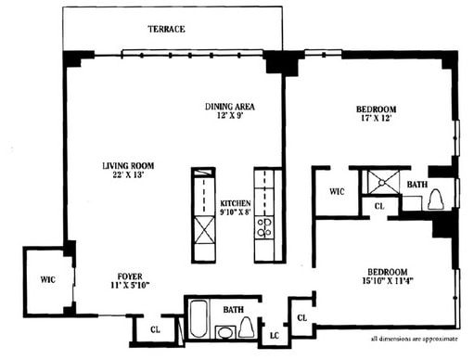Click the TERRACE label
[166, 30]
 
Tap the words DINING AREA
[229, 107]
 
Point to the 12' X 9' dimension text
[229, 118]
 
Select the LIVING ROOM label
[127, 166]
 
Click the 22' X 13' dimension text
[127, 177]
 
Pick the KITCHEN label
[235, 203]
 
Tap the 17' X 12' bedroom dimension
[378, 121]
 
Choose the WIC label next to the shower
[338, 192]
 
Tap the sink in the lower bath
[224, 331]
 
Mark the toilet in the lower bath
[248, 326]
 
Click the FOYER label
[130, 276]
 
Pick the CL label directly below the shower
[378, 206]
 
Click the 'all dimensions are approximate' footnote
[416, 340]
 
